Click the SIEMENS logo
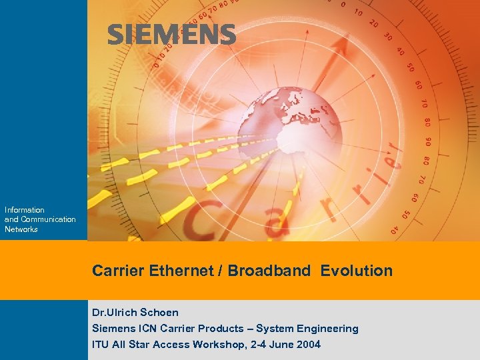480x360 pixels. [x=171, y=35]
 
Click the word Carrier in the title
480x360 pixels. [x=117, y=271]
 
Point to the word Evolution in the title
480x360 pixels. [x=357, y=271]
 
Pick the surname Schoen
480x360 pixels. [x=159, y=312]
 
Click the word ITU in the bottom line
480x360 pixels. [x=101, y=345]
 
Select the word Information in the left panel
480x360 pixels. [x=25, y=210]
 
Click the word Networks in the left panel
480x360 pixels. [x=21, y=229]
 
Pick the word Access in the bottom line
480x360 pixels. [x=172, y=345]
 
